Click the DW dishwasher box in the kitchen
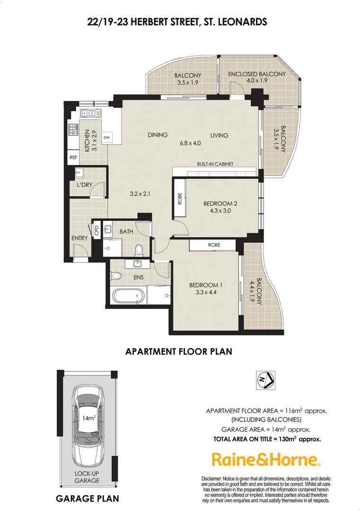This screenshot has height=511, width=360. pyautogui.click(x=107, y=138)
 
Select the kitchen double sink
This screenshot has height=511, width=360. pyautogui.click(x=88, y=113)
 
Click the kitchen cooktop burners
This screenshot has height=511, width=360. pyautogui.click(x=73, y=129)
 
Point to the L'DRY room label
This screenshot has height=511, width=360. pyautogui.click(x=84, y=185)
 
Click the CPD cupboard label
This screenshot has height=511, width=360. pyautogui.click(x=97, y=230)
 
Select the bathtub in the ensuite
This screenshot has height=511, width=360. pyautogui.click(x=127, y=296)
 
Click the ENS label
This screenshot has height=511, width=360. pyautogui.click(x=138, y=277)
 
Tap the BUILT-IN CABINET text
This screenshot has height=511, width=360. pyautogui.click(x=215, y=164)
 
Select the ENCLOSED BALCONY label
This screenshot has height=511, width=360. pyautogui.click(x=256, y=74)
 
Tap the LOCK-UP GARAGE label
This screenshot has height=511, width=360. pyautogui.click(x=86, y=477)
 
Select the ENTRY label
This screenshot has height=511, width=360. pyautogui.click(x=79, y=238)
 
